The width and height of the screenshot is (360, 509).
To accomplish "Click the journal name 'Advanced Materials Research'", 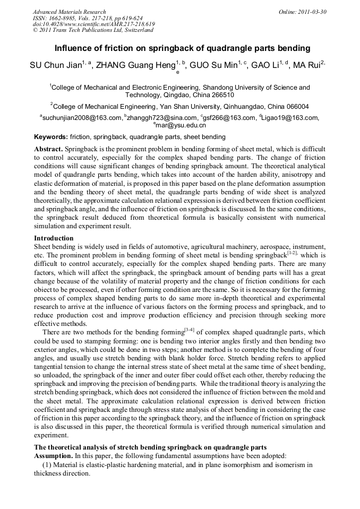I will [70, 12].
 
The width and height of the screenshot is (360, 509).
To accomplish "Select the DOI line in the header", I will [93, 24].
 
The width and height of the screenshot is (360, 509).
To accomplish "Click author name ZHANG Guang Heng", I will [135, 65].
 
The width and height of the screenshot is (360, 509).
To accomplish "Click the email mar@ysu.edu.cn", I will [181, 126].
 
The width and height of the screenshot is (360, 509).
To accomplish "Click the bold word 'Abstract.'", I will [48, 150].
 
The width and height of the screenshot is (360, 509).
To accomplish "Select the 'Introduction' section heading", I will [54, 238].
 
